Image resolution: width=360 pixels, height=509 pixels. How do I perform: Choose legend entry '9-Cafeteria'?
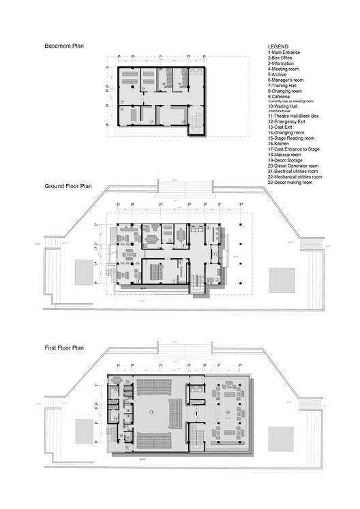click(x=283, y=96)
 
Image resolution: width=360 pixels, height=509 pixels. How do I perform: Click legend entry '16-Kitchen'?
click(x=282, y=144)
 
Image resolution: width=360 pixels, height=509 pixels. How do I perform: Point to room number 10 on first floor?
click(x=227, y=413)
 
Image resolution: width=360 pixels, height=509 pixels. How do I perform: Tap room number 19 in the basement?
click(x=122, y=102)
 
